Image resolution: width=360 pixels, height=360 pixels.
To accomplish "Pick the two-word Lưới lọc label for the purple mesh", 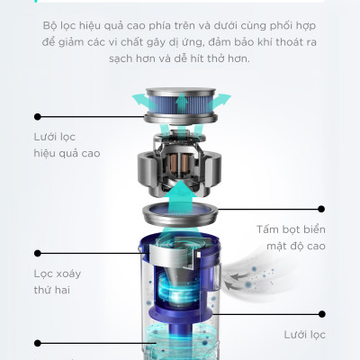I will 303,334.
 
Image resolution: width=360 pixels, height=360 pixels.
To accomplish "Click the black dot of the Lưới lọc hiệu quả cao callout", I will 38,116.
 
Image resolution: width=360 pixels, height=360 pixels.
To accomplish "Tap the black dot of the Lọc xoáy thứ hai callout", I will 38,253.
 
